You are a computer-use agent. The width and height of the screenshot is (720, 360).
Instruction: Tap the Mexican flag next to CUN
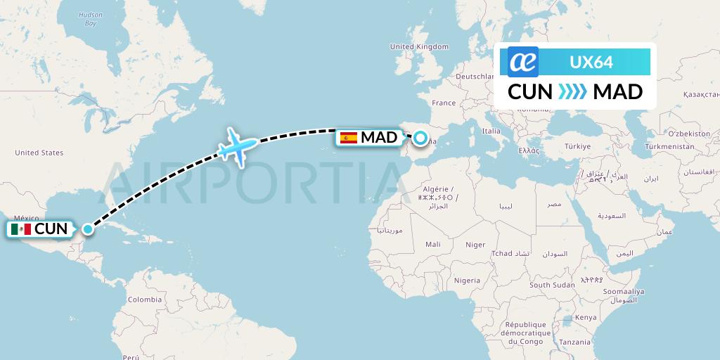21,229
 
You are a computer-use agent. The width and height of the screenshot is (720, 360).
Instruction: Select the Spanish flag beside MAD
348,138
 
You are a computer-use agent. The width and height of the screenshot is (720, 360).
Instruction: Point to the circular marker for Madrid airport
420,139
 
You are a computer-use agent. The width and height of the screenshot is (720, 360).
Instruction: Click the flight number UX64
591,62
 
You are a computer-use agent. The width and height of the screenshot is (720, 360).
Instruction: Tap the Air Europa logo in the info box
523,62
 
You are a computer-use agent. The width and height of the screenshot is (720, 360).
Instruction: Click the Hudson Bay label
91,19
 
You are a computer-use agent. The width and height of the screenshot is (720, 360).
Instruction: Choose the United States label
39,153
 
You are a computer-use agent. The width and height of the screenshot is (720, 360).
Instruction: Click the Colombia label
144,300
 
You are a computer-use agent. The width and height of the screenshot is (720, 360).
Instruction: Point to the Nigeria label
467,280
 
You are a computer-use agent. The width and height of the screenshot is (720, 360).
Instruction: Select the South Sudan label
552,285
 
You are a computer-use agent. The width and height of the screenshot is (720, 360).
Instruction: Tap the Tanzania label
576,342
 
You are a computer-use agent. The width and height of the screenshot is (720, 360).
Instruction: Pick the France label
444,103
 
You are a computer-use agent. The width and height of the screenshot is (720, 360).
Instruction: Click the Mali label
433,244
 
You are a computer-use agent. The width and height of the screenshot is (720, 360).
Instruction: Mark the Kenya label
585,317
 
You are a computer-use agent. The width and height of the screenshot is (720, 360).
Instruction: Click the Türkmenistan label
669,146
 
